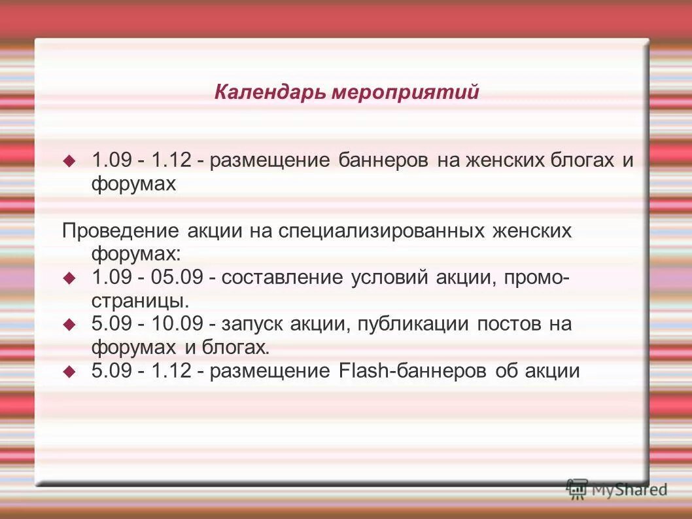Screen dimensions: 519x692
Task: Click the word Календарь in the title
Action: point(269,93)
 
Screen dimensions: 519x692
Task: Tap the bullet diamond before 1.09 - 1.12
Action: point(69,160)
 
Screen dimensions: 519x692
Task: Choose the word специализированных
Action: point(383,230)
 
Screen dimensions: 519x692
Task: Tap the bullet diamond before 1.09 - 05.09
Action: point(69,277)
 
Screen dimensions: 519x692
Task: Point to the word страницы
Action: point(140,301)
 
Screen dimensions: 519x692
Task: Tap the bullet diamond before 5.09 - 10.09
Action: point(69,324)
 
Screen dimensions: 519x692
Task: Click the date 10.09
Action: point(176,324)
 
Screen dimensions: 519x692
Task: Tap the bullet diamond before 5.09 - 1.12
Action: point(69,371)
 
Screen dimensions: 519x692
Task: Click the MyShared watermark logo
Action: point(617,488)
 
